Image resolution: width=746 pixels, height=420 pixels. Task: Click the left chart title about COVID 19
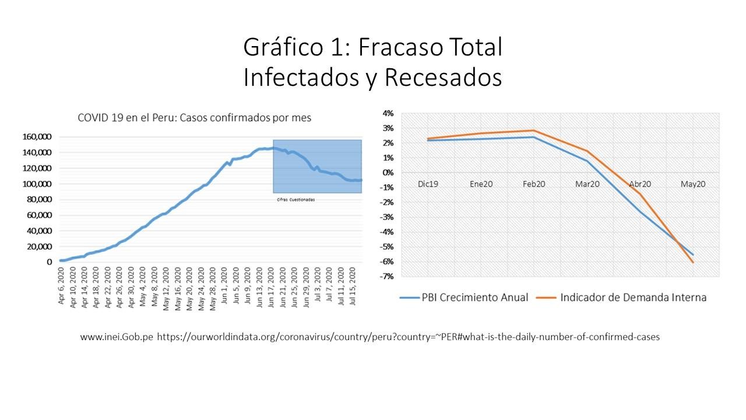coord(195,118)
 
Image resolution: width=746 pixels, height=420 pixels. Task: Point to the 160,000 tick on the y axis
coord(37,136)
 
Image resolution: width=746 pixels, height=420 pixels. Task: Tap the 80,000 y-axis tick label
coord(40,199)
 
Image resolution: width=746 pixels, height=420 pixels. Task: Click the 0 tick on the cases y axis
coord(49,262)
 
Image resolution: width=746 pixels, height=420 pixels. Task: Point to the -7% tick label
coord(387,276)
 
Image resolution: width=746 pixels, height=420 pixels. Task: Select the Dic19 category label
coord(428,184)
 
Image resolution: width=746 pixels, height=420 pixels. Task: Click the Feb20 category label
coord(534,184)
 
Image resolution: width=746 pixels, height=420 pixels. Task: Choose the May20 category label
coord(693,184)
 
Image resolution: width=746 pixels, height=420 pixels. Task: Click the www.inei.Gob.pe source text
coord(117,337)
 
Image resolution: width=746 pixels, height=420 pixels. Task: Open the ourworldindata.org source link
coord(408,337)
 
